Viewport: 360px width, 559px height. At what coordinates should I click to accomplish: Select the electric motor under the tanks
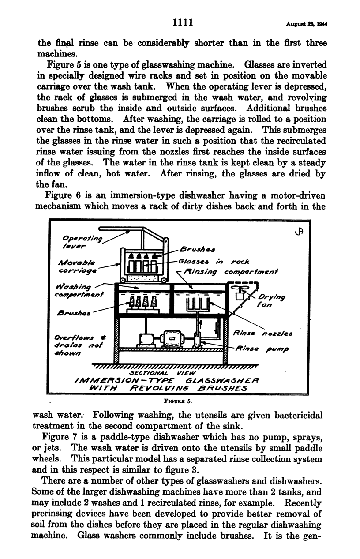click(170, 338)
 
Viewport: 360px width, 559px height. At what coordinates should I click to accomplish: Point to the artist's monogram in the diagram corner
click(301, 231)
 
